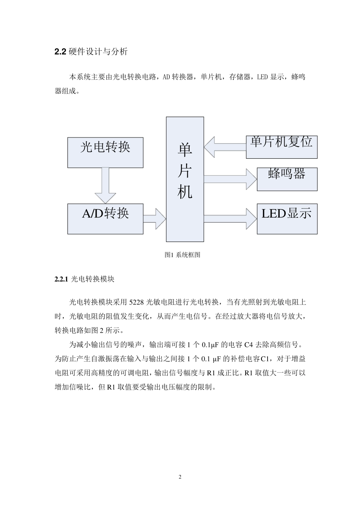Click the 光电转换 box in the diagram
[105, 152]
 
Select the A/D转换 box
[105, 219]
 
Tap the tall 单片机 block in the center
[185, 179]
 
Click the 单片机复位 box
[281, 147]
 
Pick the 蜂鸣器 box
[287, 179]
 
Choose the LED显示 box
[287, 219]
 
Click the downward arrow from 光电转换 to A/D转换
[105, 186]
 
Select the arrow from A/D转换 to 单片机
[154, 219]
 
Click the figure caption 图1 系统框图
[182, 255]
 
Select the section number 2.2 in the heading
[61, 52]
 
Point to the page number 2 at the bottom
[180, 477]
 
